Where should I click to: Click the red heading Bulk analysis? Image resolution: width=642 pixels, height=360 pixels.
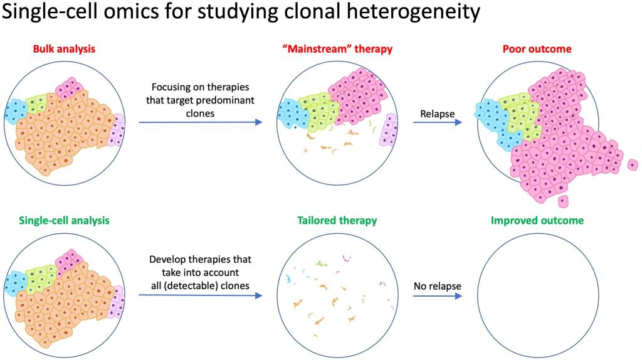[x=64, y=49]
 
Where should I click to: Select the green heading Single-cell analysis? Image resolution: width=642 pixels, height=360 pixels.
[x=64, y=220]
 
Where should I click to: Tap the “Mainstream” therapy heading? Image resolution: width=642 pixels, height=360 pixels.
[x=337, y=49]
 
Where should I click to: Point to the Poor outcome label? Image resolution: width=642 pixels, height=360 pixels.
[x=537, y=49]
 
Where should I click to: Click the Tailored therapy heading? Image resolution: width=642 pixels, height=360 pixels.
[x=337, y=220]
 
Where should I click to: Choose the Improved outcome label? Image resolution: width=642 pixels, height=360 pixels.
[x=537, y=220]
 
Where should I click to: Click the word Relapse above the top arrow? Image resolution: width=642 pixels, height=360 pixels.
[x=437, y=114]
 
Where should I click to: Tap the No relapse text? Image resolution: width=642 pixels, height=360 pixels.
[x=437, y=286]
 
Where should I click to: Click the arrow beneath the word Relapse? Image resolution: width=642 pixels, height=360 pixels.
[x=437, y=122]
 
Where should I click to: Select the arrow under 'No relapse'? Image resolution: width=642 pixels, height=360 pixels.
[x=437, y=295]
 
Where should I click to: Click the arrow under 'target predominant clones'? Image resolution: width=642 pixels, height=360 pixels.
[x=200, y=122]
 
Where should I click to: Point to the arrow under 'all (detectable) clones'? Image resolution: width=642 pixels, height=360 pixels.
[x=200, y=295]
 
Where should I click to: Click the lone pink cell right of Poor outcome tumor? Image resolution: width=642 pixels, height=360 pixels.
[x=633, y=165]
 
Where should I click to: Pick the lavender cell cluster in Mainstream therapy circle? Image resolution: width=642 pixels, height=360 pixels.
[x=388, y=129]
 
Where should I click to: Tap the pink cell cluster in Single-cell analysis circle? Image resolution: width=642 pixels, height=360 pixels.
[x=69, y=261]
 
